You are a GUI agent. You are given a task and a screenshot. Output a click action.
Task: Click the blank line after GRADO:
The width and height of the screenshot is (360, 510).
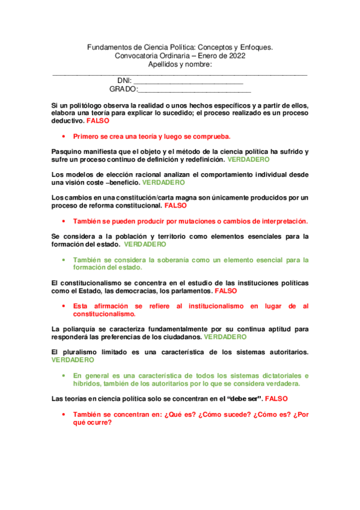pyautogui.click(x=186, y=91)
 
